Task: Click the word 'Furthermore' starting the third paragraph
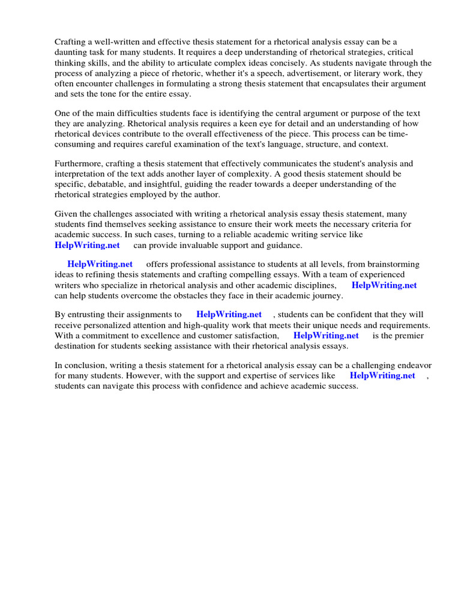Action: [x=78, y=163]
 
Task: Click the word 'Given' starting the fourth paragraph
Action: [x=66, y=214]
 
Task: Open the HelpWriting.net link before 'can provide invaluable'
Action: [x=87, y=245]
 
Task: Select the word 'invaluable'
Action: [x=182, y=245]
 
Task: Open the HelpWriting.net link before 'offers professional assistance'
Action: [x=100, y=264]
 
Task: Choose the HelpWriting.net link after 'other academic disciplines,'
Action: [x=384, y=285]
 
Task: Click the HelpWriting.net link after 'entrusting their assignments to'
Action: [x=229, y=314]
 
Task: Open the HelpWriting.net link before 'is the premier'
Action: [x=326, y=336]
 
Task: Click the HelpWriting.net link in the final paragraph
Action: [x=382, y=375]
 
